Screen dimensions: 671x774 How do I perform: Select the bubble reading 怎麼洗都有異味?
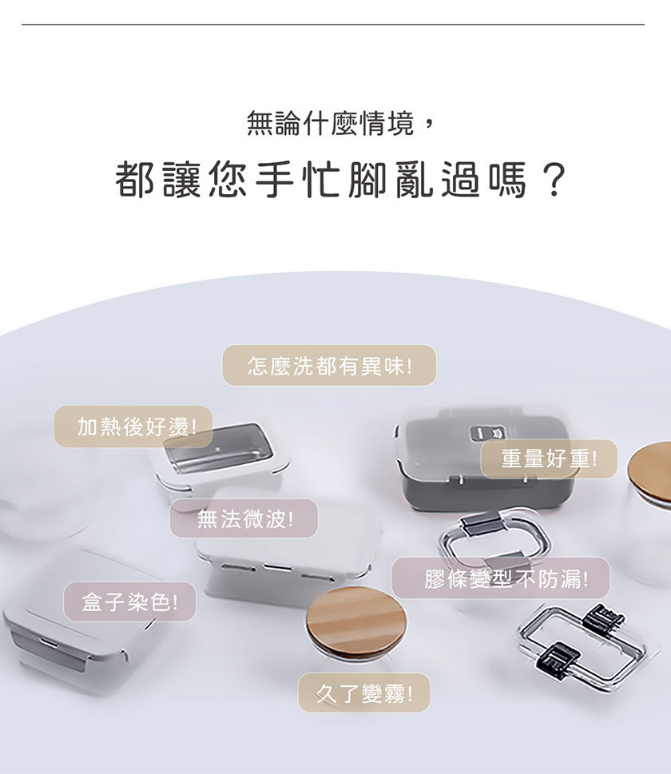click(329, 365)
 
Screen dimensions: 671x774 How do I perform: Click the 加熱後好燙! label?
click(133, 427)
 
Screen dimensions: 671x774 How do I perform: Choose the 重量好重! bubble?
click(549, 459)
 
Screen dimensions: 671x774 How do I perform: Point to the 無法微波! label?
click(244, 518)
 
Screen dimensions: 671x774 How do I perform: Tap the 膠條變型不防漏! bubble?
click(501, 578)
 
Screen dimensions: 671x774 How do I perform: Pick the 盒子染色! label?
click(130, 601)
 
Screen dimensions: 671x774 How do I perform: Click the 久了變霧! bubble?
click(364, 693)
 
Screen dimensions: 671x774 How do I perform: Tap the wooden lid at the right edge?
click(649, 473)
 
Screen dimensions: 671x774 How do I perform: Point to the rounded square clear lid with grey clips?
click(494, 539)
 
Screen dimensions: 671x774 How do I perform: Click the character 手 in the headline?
click(275, 180)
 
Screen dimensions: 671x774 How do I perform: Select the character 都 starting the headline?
click(134, 180)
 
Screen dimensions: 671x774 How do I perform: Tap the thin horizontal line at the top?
click(333, 24)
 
